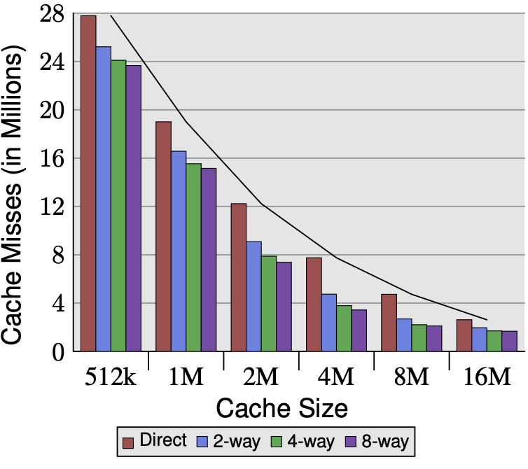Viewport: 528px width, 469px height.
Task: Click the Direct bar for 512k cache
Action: (x=88, y=183)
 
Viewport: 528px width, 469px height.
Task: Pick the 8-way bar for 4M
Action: (x=359, y=330)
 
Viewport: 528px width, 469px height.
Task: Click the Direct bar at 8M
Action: (x=389, y=322)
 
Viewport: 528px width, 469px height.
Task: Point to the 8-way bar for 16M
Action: (x=509, y=341)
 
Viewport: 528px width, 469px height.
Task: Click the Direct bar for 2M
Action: (x=239, y=277)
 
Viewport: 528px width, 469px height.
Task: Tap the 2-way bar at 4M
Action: (x=329, y=322)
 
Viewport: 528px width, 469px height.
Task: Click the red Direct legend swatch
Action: (x=128, y=442)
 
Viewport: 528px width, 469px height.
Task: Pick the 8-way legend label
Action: (x=384, y=441)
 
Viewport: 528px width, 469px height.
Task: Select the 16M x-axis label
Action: (x=487, y=377)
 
